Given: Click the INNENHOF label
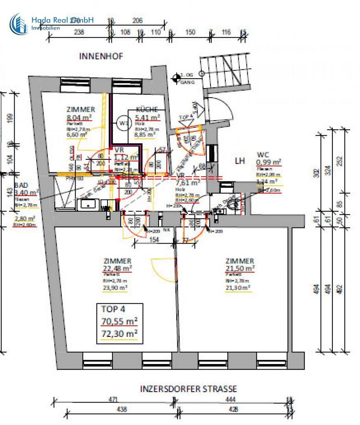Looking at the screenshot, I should (x=101, y=56).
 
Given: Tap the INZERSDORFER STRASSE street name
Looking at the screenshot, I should (x=188, y=389).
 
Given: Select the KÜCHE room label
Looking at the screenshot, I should (x=147, y=109).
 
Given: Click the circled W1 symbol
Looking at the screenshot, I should (x=124, y=123).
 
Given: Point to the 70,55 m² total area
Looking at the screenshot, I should (x=120, y=322).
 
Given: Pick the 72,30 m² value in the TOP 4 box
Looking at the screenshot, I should (x=120, y=334).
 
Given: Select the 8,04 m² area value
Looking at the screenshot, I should (x=79, y=117).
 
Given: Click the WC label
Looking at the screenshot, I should (x=262, y=155).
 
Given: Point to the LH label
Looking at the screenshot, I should (x=240, y=161).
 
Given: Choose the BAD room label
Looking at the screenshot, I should (x=21, y=185).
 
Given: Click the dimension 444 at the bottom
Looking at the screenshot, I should (x=231, y=400).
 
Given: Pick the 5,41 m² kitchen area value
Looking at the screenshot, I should (x=148, y=117).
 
